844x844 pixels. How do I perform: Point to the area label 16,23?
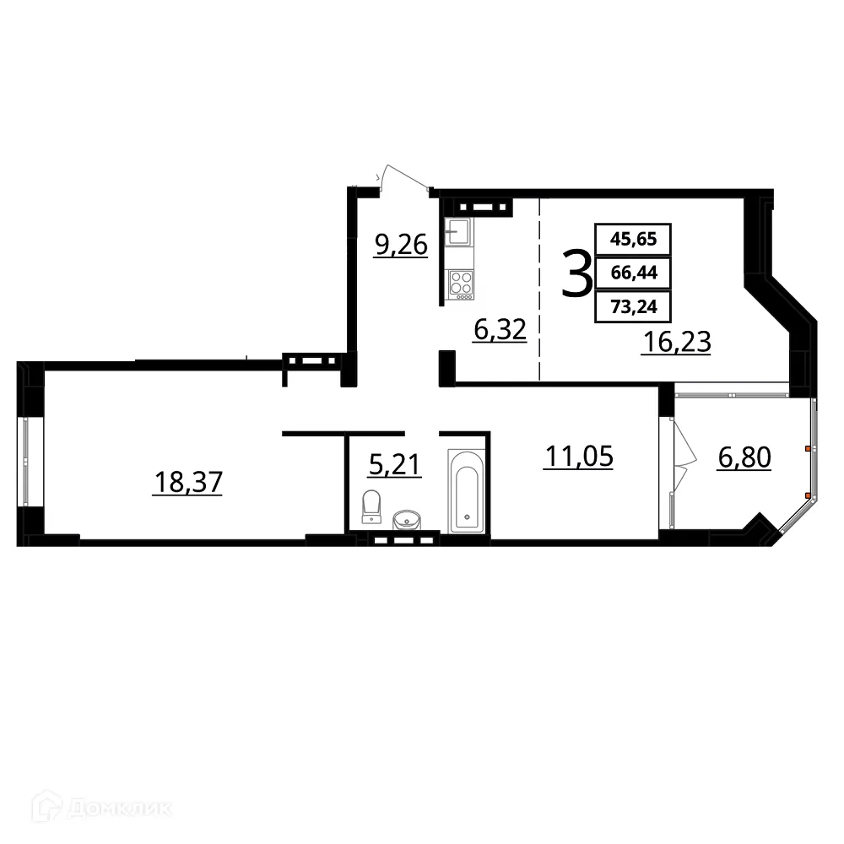point(675,342)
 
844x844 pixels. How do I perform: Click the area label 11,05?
point(578,457)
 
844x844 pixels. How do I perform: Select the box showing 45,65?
point(633,239)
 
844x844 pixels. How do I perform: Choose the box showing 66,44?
point(633,273)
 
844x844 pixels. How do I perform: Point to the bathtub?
point(467,490)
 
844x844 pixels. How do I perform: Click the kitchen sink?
point(460,229)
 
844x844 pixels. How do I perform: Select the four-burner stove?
point(461,282)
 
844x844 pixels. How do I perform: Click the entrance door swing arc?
point(401,176)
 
